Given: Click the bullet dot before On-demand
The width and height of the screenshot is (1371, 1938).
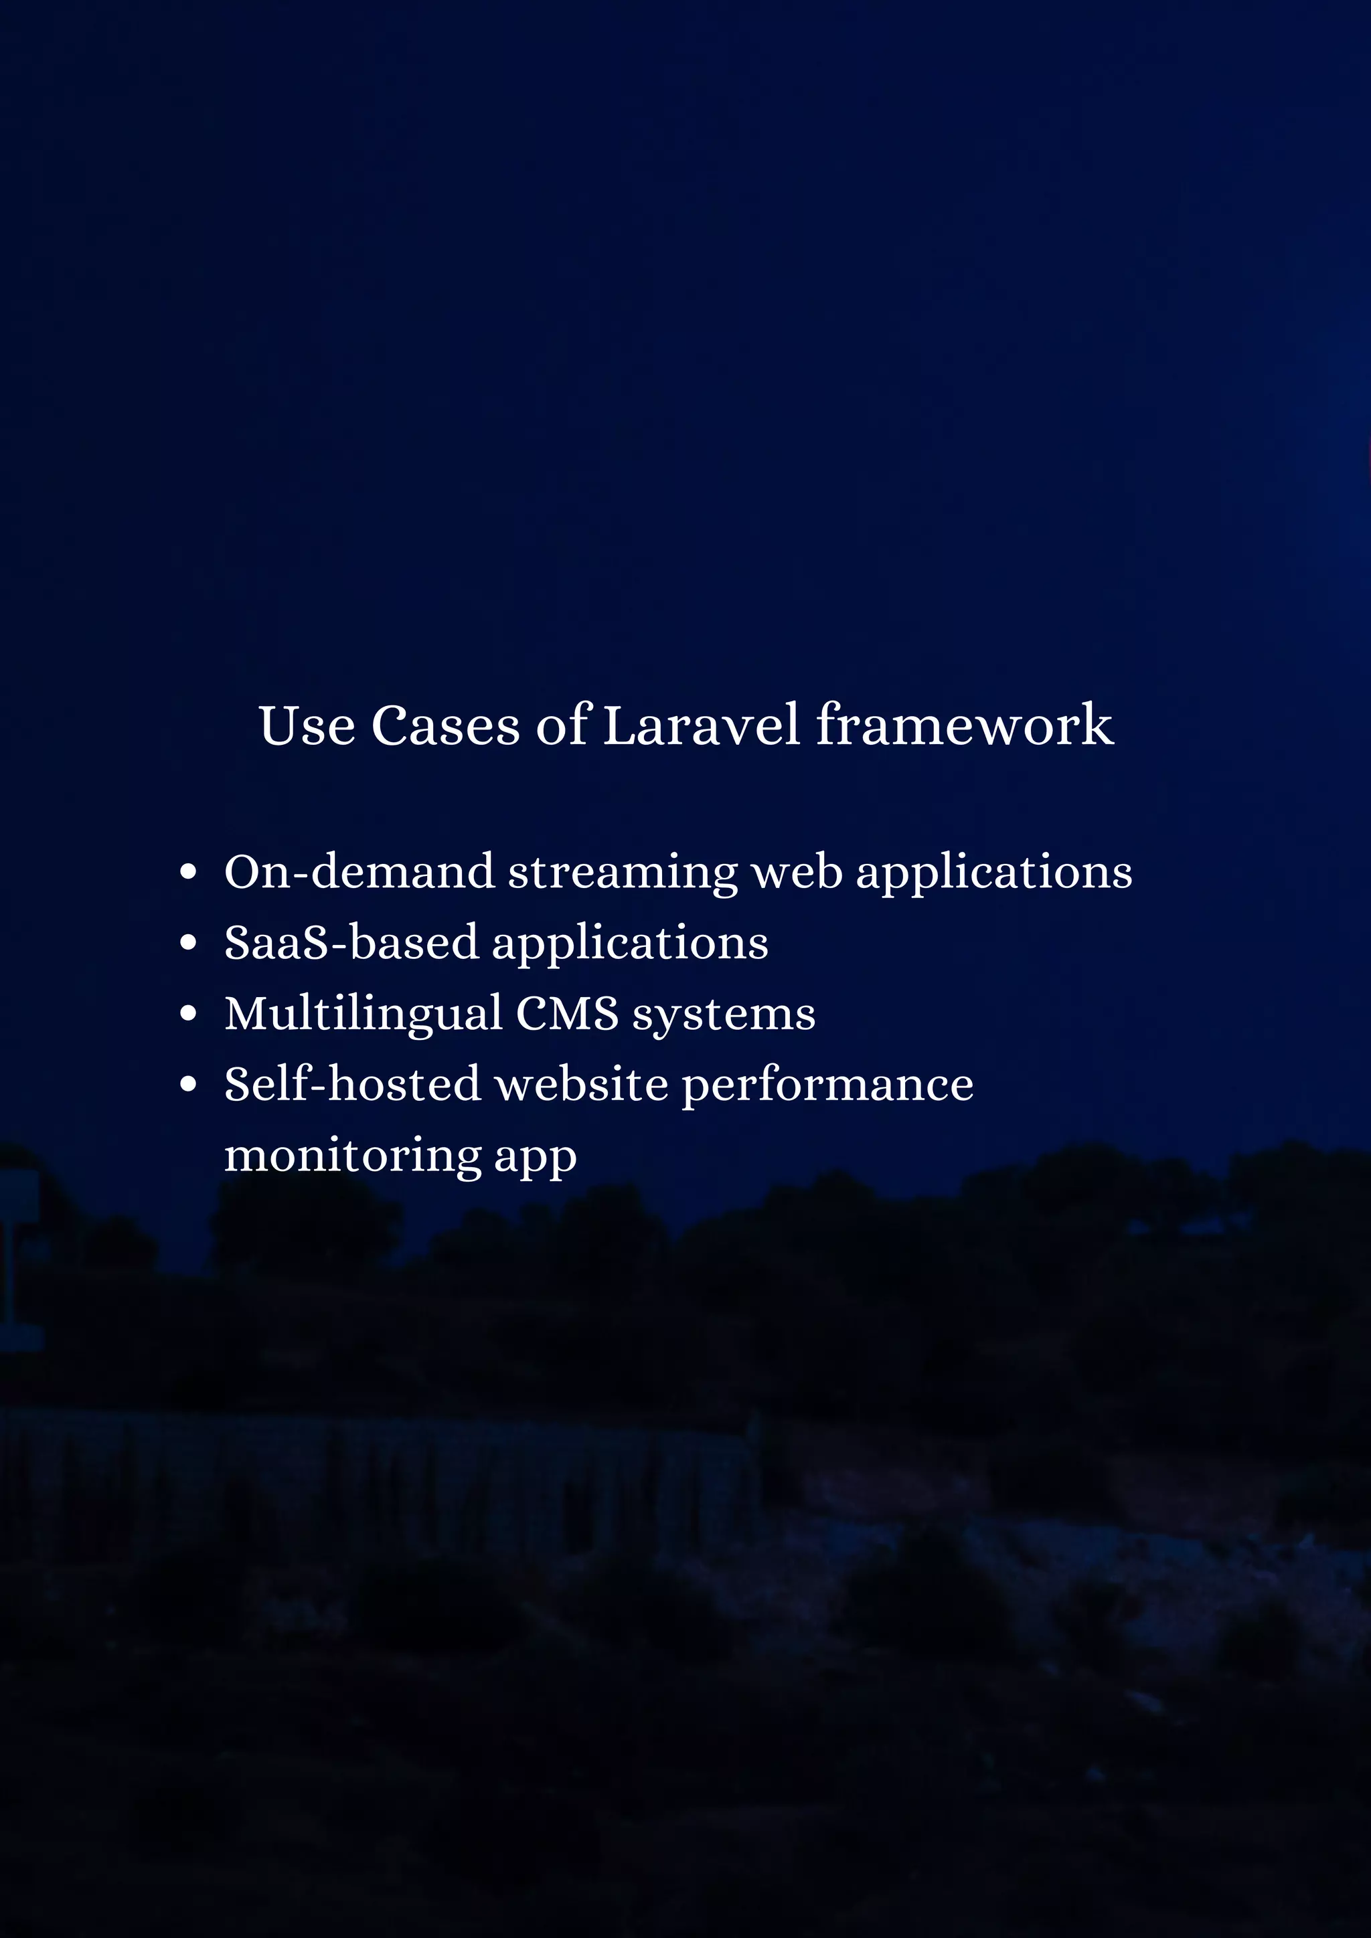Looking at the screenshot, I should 188,872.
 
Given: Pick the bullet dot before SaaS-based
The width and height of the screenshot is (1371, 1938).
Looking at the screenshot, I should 188,943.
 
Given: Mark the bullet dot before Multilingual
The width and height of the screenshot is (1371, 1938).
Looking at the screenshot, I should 188,1014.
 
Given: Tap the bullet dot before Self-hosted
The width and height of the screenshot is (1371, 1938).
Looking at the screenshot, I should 188,1085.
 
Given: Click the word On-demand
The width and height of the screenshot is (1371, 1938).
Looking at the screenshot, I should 359,872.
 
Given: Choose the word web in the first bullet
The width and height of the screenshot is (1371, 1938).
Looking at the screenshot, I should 797,872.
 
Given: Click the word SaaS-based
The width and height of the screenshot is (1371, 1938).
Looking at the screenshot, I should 350,943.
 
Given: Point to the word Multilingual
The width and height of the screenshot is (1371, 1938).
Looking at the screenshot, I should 363,1015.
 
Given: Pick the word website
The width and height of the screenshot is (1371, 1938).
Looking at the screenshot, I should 582,1085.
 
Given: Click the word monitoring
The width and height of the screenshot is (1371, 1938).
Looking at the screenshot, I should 352,1156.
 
